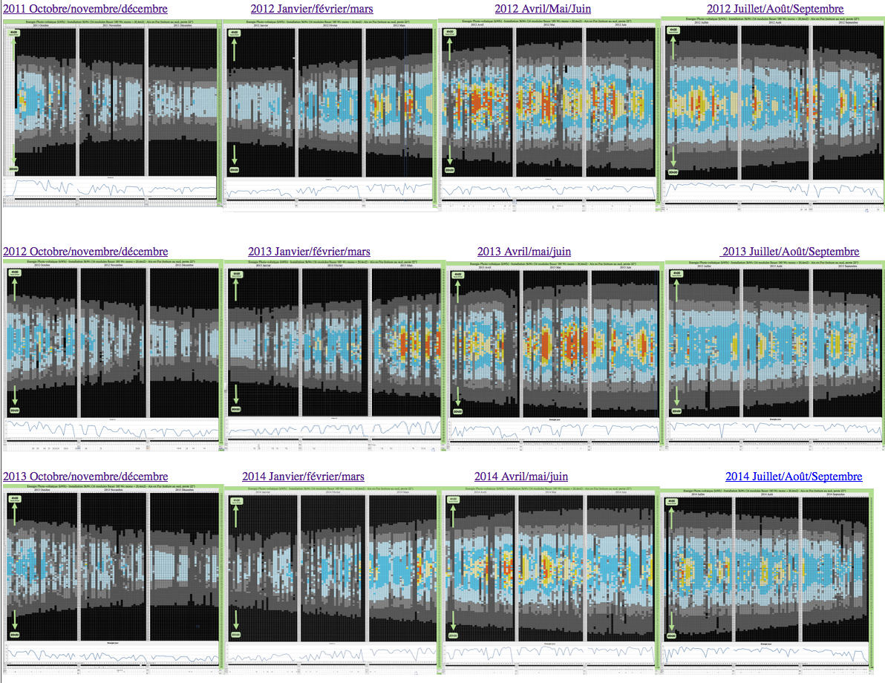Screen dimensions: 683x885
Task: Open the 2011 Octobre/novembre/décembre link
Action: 86,10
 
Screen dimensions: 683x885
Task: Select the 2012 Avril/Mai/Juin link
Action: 542,10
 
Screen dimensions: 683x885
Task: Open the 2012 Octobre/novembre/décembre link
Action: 86,252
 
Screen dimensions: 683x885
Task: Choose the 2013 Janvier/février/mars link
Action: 309,252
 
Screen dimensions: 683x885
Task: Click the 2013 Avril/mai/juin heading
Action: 524,252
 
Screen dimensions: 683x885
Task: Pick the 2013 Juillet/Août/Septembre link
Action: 790,252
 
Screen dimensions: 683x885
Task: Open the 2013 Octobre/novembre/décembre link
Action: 86,476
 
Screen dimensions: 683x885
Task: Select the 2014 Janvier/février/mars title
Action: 303,476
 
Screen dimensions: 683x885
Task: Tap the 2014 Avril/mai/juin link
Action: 521,476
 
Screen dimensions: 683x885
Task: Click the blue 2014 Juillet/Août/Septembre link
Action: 794,476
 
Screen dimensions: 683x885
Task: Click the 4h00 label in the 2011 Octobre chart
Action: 15,33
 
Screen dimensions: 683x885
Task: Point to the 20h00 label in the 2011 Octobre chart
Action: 15,169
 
